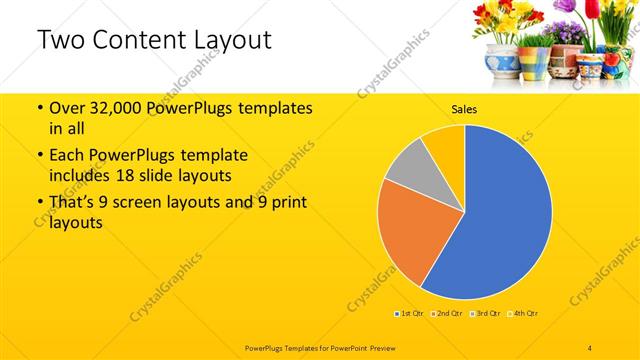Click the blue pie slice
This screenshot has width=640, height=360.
point(505,215)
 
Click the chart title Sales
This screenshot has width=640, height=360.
point(464,108)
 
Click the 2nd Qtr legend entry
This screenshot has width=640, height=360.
point(448,314)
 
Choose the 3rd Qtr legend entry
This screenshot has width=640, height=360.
point(486,314)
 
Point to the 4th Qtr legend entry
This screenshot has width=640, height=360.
point(523,314)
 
